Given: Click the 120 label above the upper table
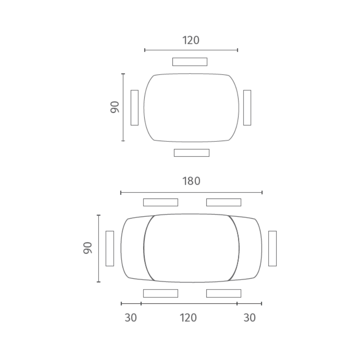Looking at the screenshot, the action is (191, 40).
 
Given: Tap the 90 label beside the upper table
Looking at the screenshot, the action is (115, 107).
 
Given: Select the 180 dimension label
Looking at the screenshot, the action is (191, 181).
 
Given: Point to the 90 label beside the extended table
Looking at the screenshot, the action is (87, 248).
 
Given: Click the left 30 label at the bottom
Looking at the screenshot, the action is (130, 318).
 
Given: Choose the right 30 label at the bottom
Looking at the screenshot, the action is (250, 318).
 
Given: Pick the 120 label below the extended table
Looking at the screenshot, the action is (188, 318).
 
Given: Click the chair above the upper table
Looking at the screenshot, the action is (190, 62).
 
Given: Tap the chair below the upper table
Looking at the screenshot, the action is (192, 153).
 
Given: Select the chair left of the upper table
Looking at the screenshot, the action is (134, 108).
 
